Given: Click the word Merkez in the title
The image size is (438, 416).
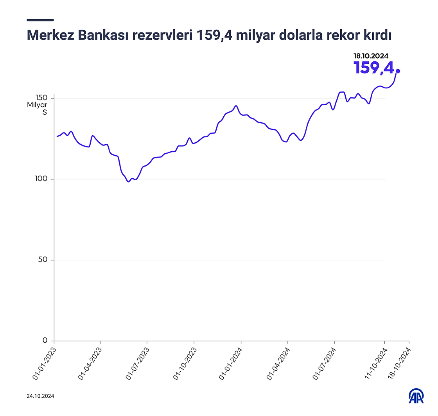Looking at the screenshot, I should [50, 36].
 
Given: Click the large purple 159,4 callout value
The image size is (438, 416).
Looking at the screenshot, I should [373, 68].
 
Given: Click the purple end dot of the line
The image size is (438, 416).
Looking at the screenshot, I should [398, 71].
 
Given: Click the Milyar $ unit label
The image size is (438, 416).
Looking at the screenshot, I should [37, 108].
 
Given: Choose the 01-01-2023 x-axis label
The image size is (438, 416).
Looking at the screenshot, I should [44, 362].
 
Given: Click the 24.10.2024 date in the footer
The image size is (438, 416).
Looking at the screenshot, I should [40, 396].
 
